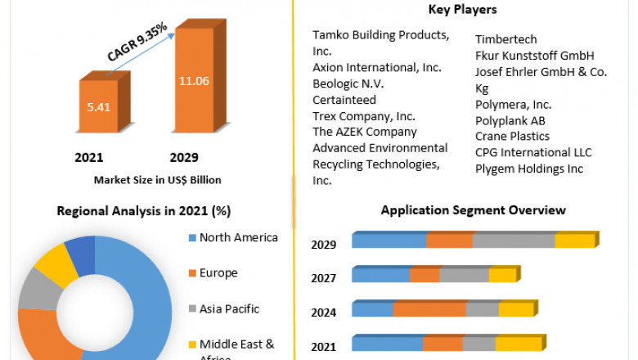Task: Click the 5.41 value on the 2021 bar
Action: [x=98, y=106]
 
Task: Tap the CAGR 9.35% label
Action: [x=137, y=42]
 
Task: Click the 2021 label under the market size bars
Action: [x=89, y=157]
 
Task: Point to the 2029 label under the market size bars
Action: [x=183, y=157]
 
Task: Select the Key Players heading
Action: [x=462, y=10]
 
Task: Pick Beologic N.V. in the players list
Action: [x=348, y=83]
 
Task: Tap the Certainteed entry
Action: [x=344, y=100]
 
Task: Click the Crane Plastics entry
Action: [x=512, y=136]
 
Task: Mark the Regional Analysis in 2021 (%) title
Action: [x=143, y=211]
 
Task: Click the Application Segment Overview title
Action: [x=473, y=210]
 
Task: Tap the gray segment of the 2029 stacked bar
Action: [x=514, y=241]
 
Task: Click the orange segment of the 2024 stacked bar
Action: [x=429, y=309]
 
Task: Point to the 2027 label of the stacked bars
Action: [x=324, y=278]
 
